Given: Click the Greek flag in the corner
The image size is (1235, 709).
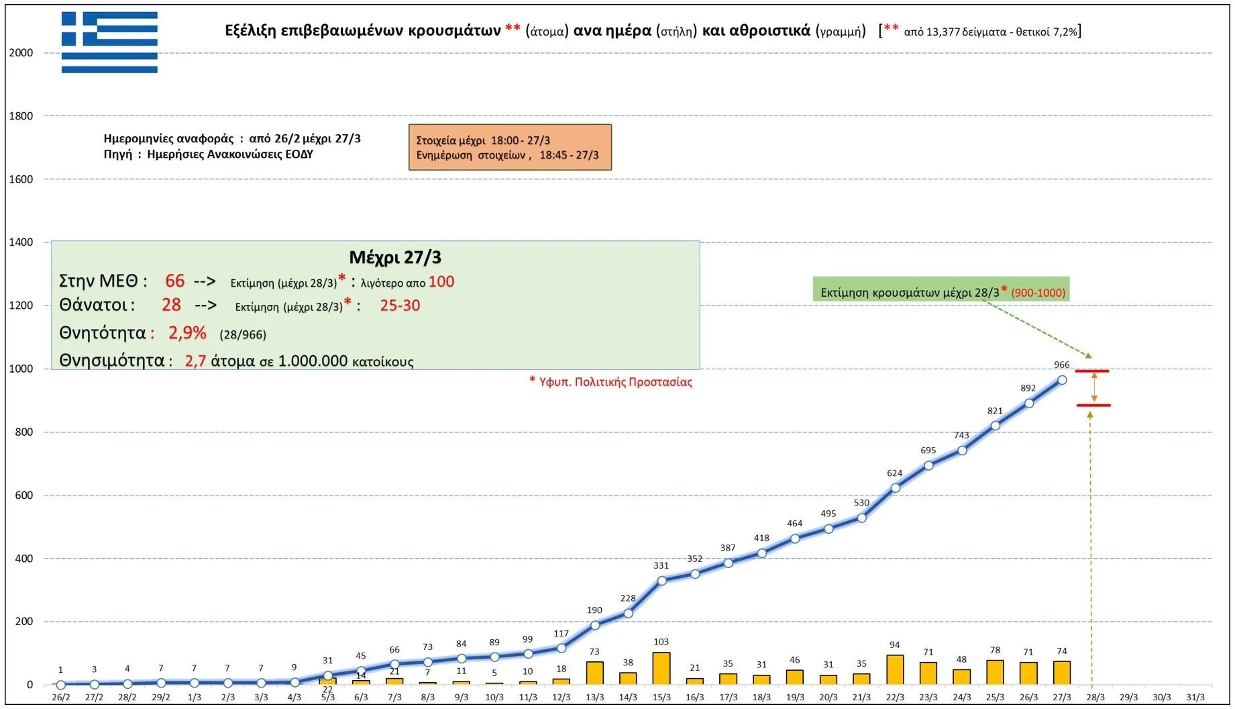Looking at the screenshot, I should [x=109, y=42].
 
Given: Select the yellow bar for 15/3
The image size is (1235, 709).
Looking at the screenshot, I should [x=661, y=668].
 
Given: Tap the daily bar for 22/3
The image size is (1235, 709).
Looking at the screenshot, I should [x=894, y=669].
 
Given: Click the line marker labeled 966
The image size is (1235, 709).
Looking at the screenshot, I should [x=1062, y=380].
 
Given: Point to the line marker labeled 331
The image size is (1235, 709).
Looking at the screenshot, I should [x=661, y=581].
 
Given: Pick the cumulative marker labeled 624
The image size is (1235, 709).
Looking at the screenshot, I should [x=895, y=488].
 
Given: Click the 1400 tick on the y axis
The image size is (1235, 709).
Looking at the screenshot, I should [x=21, y=242].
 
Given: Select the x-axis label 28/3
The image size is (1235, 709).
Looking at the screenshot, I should [x=1095, y=698].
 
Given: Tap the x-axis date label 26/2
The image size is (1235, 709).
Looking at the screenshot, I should [x=61, y=698].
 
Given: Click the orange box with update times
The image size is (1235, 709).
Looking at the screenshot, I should [x=510, y=147].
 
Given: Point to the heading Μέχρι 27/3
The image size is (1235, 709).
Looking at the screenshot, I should [x=395, y=257].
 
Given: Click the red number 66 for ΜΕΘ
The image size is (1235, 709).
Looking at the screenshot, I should [x=174, y=281].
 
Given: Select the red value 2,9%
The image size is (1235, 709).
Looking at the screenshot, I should [x=187, y=333].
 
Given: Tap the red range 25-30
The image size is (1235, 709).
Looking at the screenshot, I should [x=400, y=305].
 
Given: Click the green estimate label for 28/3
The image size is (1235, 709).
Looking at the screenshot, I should [x=941, y=292].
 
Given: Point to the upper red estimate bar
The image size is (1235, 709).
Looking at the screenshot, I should [x=1092, y=371].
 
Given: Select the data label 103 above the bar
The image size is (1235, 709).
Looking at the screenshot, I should [x=661, y=642].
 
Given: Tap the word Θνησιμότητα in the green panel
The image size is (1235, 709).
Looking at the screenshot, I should [x=112, y=361].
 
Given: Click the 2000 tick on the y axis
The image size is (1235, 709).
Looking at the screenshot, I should [x=21, y=53].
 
